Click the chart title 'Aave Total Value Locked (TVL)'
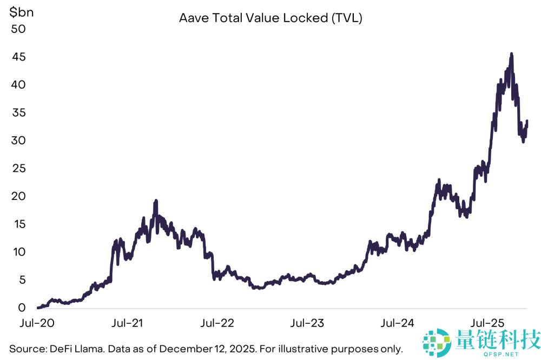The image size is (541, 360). pos(270,18)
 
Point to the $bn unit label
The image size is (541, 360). pos(22,12)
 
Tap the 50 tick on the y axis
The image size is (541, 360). pos(18,29)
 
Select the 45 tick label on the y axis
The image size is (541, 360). pos(18,57)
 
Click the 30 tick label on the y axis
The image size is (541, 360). pos(18,141)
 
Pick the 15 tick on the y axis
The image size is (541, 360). pos(19,224)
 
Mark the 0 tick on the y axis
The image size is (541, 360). pos(22,308)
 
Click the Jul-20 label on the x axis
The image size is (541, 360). pos(37,323)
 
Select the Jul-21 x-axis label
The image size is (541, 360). pos(127,323)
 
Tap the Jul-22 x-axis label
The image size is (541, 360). pos(217,323)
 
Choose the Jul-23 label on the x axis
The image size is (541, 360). pos(307,323)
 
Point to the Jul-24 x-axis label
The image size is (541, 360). pos(397,323)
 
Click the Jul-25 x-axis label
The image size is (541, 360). pos(487,323)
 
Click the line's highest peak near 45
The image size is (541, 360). pos(511,54)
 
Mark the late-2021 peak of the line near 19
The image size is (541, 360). pos(156,201)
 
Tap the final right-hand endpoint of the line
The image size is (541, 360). pos(527,121)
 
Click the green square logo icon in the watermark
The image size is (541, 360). pos(437,342)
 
